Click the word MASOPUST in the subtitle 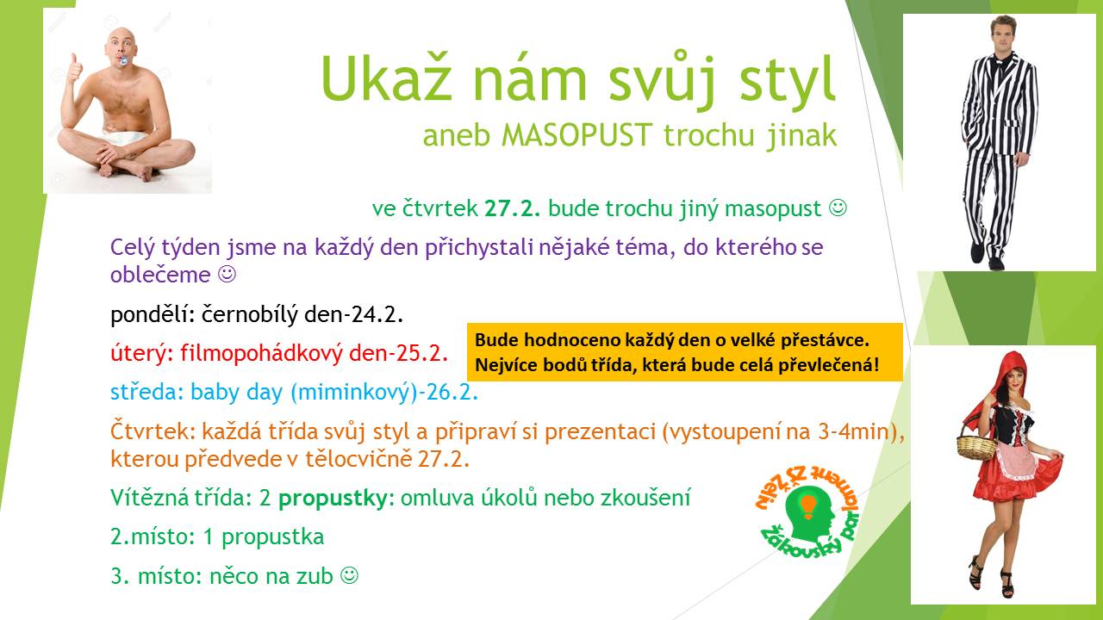coord(576,135)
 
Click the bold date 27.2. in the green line coord(512,208)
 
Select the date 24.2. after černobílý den coord(377,314)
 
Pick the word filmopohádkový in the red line coord(261,353)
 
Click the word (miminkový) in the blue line coord(350,393)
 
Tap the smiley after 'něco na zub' coord(350,574)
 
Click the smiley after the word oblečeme coord(227,274)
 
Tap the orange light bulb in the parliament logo coord(808,506)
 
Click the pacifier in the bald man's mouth coord(122,61)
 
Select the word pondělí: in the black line coord(153,315)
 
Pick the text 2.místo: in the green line coord(153,536)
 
